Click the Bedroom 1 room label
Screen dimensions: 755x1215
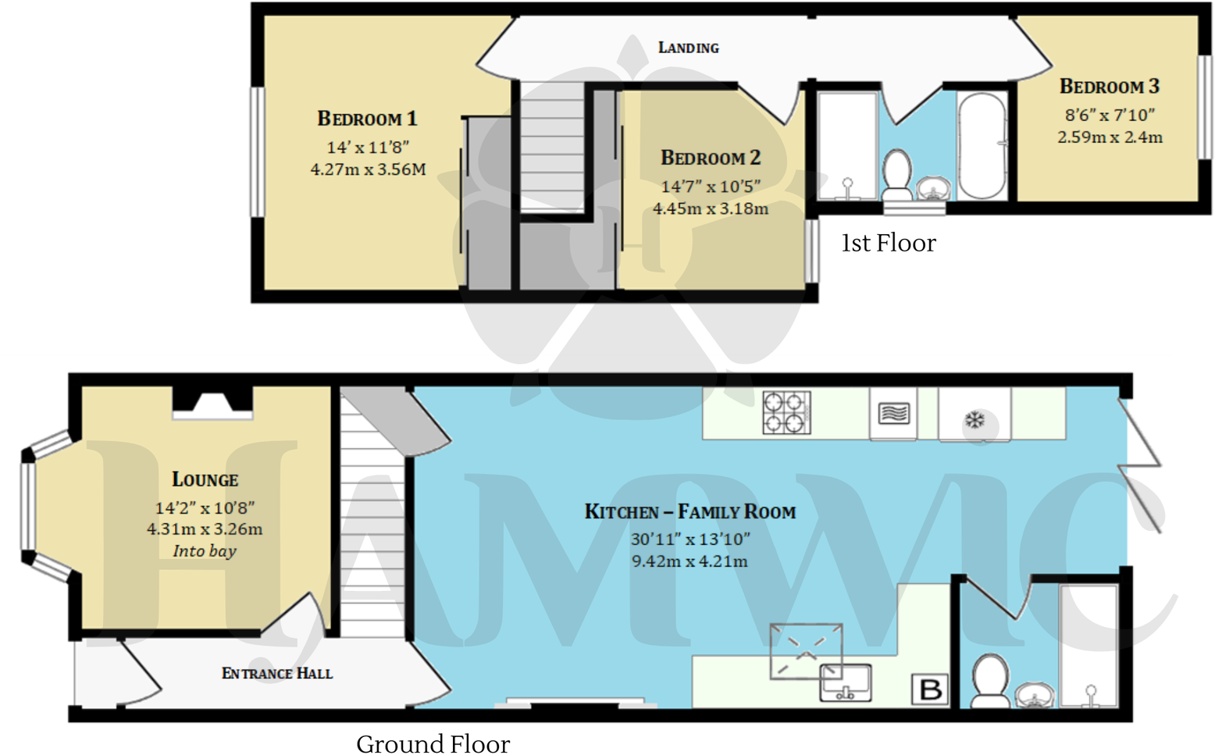pyautogui.click(x=367, y=119)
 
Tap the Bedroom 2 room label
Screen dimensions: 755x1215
pyautogui.click(x=711, y=158)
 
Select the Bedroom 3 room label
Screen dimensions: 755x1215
pyautogui.click(x=1109, y=87)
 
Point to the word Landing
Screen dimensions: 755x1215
pyautogui.click(x=688, y=48)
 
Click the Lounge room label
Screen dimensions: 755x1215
pyautogui.click(x=205, y=479)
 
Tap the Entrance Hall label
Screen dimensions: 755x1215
pyautogui.click(x=277, y=673)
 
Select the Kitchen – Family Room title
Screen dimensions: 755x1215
pyautogui.click(x=689, y=512)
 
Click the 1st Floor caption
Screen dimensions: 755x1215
pyautogui.click(x=888, y=244)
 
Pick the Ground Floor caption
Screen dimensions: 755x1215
pyautogui.click(x=433, y=743)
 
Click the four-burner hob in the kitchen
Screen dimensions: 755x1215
pyautogui.click(x=786, y=412)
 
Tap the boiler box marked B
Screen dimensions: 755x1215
pyautogui.click(x=930, y=689)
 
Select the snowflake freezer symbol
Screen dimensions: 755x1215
pyautogui.click(x=974, y=420)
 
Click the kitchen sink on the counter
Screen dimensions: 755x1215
pyautogui.click(x=845, y=682)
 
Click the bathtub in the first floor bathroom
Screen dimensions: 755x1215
pyautogui.click(x=982, y=146)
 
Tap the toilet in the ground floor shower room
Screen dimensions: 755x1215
pyautogui.click(x=990, y=682)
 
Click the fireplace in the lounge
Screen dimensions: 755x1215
pyautogui.click(x=212, y=404)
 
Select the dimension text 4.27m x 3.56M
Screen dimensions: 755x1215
pyautogui.click(x=368, y=169)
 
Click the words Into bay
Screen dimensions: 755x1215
pyautogui.click(x=205, y=551)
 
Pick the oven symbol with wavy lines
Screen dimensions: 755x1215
pyautogui.click(x=893, y=413)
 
